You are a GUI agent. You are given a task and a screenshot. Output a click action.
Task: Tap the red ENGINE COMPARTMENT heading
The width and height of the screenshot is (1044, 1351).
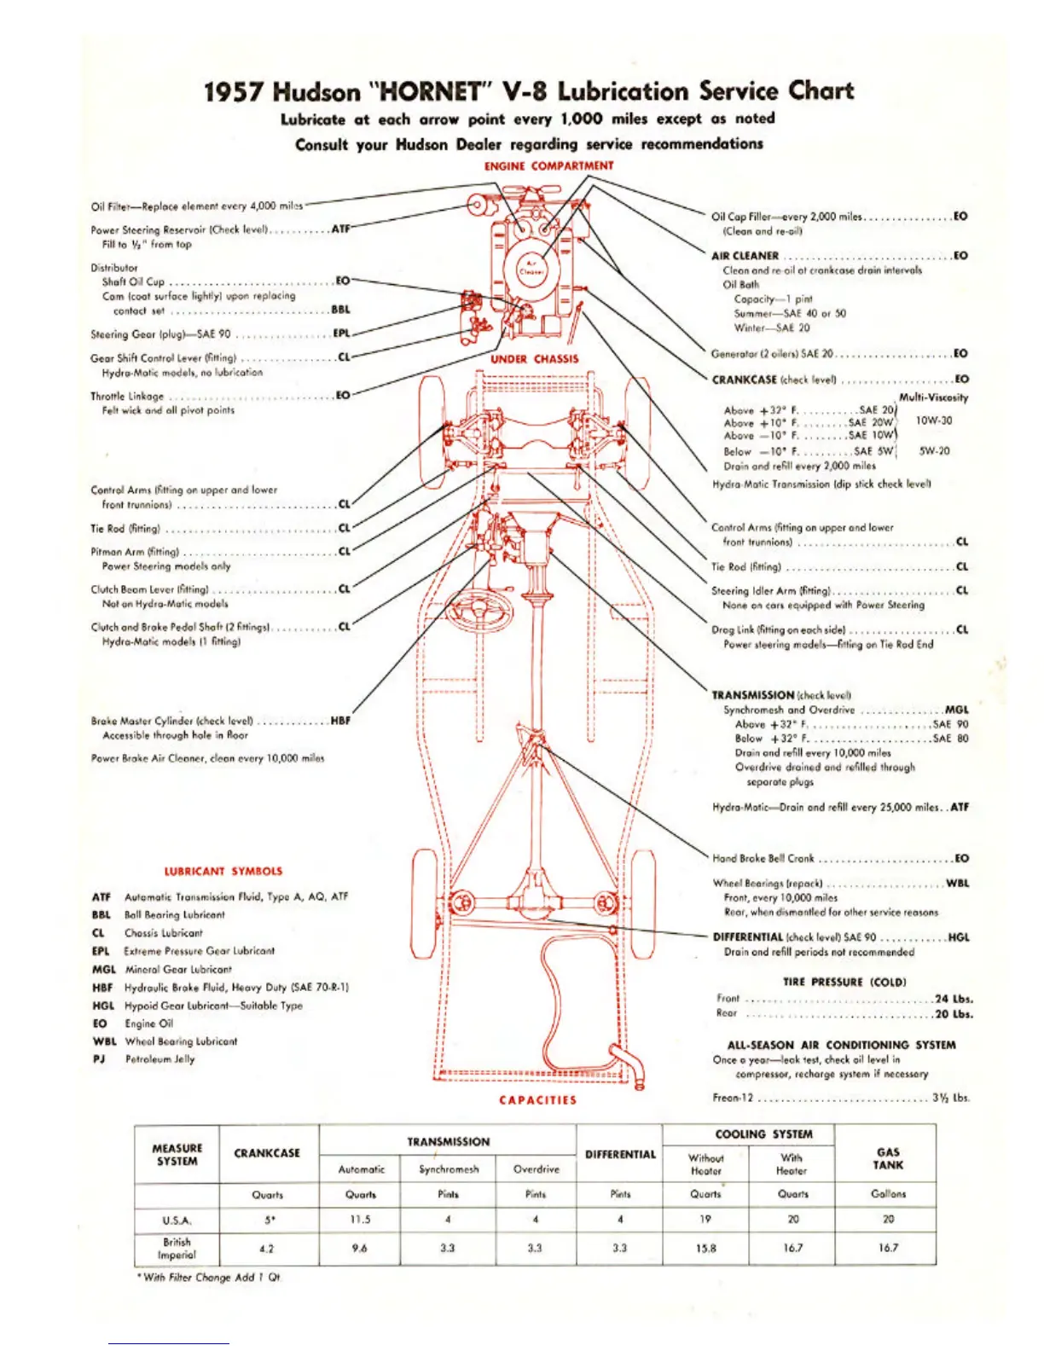(x=548, y=165)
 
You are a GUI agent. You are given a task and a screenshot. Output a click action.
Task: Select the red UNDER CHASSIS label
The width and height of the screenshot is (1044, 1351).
(x=534, y=359)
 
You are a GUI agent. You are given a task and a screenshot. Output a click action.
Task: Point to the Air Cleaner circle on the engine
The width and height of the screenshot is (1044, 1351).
(x=532, y=268)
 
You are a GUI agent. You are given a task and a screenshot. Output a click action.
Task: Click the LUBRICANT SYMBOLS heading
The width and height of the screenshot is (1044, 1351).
(x=223, y=871)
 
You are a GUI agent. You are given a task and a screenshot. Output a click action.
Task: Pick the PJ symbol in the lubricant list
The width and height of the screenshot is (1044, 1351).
(x=98, y=1059)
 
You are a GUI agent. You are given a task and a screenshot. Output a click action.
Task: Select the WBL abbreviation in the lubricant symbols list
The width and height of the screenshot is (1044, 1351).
(x=104, y=1041)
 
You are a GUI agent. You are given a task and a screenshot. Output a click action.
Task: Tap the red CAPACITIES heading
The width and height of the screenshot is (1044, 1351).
(x=537, y=1100)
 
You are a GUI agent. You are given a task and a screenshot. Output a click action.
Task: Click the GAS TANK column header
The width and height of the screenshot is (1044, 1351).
(x=888, y=1158)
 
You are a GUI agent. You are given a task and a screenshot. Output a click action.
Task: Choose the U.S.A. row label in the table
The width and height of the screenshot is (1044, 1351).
(x=177, y=1220)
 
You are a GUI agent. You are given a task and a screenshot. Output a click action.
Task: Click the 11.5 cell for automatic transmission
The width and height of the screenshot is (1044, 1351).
(x=361, y=1220)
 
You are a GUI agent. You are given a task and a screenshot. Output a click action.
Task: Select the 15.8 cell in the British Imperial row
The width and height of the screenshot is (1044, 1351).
(x=705, y=1248)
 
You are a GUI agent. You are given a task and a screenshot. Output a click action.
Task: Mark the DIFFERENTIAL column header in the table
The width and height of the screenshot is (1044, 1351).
(x=620, y=1155)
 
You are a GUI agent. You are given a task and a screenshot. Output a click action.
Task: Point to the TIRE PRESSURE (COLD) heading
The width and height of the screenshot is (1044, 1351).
(x=844, y=982)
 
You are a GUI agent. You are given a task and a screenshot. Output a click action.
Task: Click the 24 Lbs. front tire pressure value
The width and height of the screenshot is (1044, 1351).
(x=954, y=999)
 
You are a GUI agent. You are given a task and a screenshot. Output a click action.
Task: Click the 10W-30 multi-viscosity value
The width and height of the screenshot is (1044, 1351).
(x=934, y=420)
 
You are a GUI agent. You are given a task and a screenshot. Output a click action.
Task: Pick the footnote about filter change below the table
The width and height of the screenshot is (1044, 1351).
(x=209, y=1278)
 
